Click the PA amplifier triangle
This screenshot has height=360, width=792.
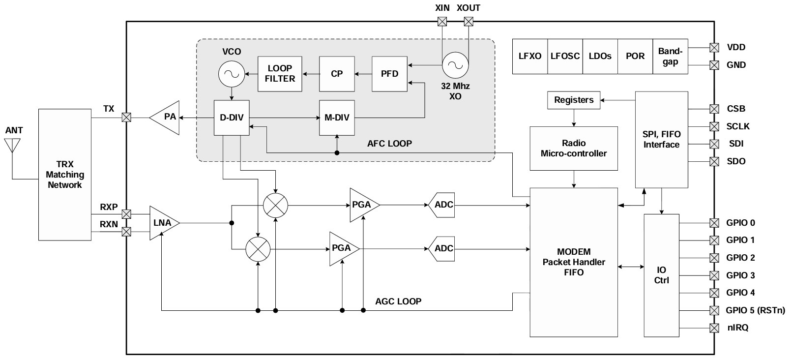tap(166, 118)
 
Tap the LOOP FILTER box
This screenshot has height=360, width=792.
tap(280, 74)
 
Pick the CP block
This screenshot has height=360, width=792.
tap(337, 74)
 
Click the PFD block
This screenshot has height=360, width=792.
tap(389, 74)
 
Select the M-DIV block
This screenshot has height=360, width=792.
tap(337, 118)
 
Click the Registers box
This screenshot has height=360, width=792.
tap(574, 100)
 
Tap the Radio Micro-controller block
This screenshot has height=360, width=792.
tap(574, 148)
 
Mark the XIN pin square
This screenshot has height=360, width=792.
tap(442, 21)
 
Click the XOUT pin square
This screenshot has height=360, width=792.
tap(469, 21)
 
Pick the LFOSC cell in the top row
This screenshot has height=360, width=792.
tap(565, 56)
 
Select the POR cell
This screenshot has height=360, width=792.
tap(635, 56)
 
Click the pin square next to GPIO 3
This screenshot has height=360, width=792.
tap(714, 275)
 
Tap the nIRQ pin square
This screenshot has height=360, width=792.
tap(714, 328)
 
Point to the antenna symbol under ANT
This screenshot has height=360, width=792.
tap(12, 146)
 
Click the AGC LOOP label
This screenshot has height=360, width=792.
tap(398, 301)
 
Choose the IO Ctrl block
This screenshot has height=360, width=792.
tap(662, 275)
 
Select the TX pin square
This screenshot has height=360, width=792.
tap(126, 118)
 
